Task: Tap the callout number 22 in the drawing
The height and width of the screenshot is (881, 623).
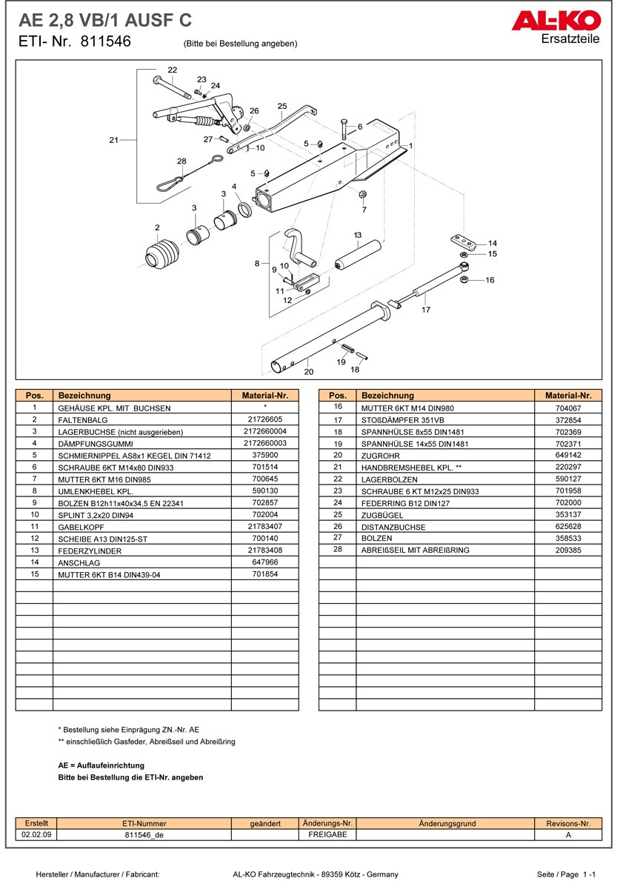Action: click(172, 70)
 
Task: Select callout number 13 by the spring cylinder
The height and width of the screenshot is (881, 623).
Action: click(358, 235)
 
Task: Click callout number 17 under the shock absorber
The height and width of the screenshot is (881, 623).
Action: click(426, 310)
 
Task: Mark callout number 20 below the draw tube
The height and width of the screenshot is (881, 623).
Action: click(309, 371)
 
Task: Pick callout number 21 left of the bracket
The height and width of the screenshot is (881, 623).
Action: click(113, 139)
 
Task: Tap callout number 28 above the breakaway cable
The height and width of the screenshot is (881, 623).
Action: click(181, 161)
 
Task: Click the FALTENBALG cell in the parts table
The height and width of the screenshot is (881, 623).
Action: click(82, 419)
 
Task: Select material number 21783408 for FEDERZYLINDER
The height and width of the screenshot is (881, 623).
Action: click(264, 550)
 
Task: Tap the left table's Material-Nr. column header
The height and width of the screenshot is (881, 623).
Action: click(264, 396)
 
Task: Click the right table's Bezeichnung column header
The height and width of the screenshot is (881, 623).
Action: click(387, 396)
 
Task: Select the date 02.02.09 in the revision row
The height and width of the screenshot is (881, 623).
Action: click(36, 834)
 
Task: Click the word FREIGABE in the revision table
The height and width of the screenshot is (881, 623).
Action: click(327, 834)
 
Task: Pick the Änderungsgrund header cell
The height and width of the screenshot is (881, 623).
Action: click(447, 823)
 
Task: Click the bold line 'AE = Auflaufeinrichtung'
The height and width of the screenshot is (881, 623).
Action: click(101, 765)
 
